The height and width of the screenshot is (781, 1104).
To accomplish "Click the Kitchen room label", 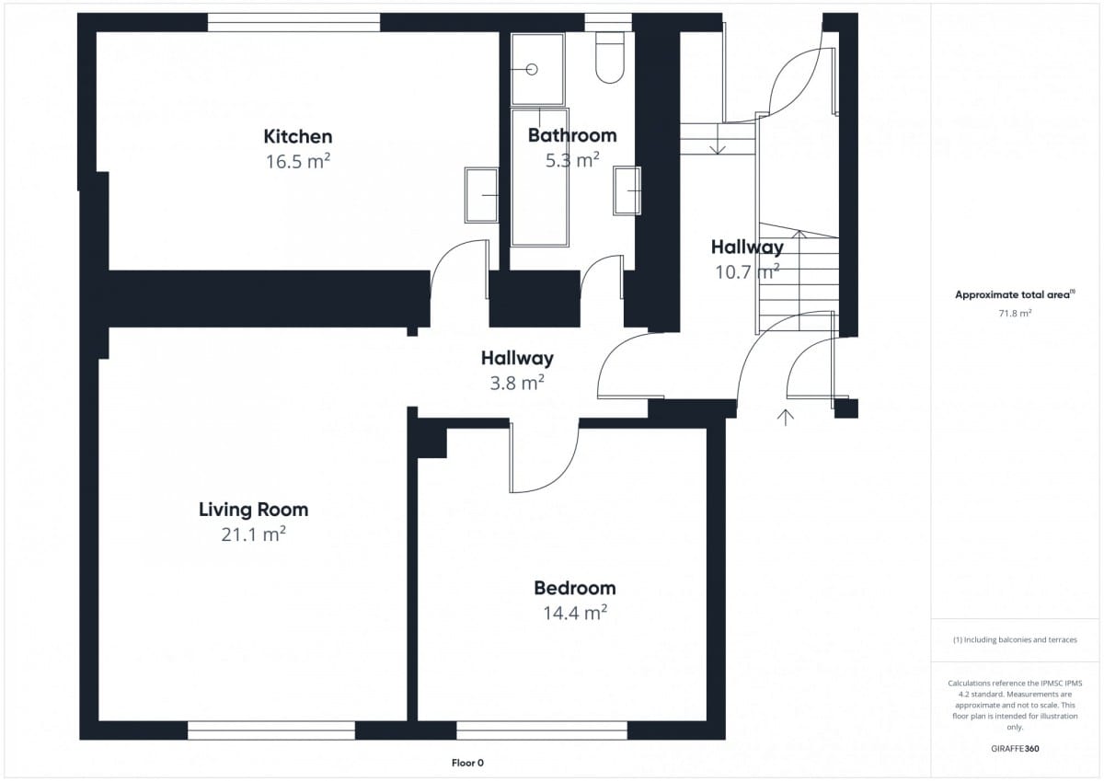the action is click(x=298, y=136).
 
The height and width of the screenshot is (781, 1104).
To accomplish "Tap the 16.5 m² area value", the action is click(x=298, y=161).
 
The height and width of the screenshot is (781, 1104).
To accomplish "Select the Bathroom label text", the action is click(x=572, y=135).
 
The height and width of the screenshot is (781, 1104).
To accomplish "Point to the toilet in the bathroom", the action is click(x=610, y=58).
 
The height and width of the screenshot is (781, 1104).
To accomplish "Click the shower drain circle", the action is click(x=532, y=70).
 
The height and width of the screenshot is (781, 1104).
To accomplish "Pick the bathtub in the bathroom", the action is click(x=540, y=178).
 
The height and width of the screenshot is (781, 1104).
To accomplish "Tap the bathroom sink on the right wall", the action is click(x=627, y=190).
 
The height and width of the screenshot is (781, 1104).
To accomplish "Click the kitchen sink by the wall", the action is click(x=481, y=195).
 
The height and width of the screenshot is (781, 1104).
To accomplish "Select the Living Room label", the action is click(x=253, y=510).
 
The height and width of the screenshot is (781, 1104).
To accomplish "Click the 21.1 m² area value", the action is click(x=253, y=534).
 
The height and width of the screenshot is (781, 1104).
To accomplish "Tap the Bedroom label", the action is click(x=575, y=589).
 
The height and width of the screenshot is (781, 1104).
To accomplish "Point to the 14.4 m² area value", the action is click(x=575, y=613).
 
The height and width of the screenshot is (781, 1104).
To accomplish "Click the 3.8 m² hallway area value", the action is click(x=517, y=383).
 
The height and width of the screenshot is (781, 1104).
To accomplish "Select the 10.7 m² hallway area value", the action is click(x=747, y=271).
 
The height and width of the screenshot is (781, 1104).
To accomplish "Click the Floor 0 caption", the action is click(x=467, y=763).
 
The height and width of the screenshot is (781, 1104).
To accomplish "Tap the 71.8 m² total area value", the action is click(x=1015, y=313).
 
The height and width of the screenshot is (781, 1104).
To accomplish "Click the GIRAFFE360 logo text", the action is click(x=1015, y=749).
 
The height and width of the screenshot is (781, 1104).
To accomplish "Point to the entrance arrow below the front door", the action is click(x=785, y=417).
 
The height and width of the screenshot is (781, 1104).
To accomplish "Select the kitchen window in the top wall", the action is click(x=293, y=22).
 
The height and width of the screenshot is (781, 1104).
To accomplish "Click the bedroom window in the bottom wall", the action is click(x=542, y=730).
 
